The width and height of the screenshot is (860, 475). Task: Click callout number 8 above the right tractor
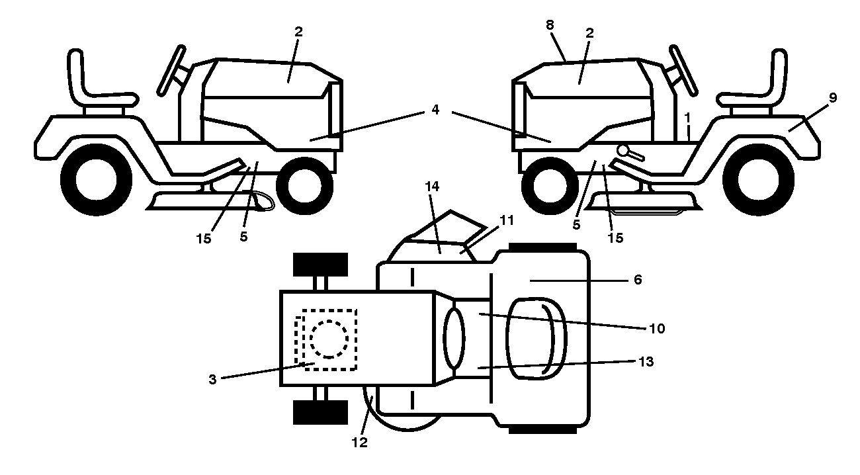pyautogui.click(x=550, y=25)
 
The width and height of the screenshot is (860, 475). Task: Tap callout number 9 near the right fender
pyautogui.click(x=833, y=98)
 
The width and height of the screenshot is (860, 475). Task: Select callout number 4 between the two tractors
pyautogui.click(x=435, y=109)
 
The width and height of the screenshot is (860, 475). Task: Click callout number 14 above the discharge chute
pyautogui.click(x=432, y=187)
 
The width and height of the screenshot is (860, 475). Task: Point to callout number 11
pyautogui.click(x=507, y=220)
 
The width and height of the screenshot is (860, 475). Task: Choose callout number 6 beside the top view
pyautogui.click(x=638, y=280)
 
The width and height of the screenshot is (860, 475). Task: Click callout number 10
pyautogui.click(x=657, y=328)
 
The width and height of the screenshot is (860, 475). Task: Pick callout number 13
pyautogui.click(x=646, y=361)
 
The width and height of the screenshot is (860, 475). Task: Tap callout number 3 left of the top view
pyautogui.click(x=212, y=379)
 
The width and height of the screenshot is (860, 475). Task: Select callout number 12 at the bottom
pyautogui.click(x=359, y=443)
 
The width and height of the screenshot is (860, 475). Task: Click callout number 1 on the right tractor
pyautogui.click(x=687, y=117)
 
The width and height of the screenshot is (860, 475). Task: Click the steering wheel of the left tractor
pyautogui.click(x=171, y=70)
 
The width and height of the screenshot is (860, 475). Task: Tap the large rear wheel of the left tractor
pyautogui.click(x=97, y=179)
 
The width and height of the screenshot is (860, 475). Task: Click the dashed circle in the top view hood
pyautogui.click(x=329, y=339)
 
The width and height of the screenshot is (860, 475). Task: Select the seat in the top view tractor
pyautogui.click(x=537, y=338)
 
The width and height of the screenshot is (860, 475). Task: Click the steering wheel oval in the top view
pyautogui.click(x=454, y=338)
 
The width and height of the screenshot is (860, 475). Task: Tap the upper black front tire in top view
pyautogui.click(x=320, y=265)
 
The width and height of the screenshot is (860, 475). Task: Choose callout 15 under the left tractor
pyautogui.click(x=204, y=239)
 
